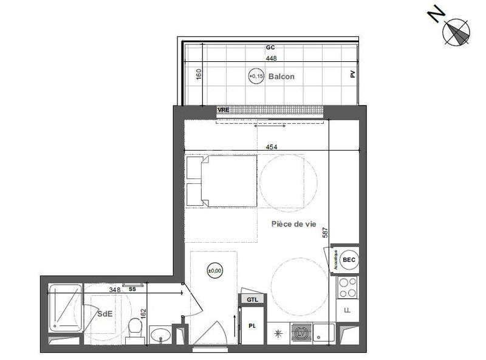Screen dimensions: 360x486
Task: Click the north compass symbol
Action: tap(457, 31)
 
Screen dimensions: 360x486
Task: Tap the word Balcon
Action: tap(281, 76)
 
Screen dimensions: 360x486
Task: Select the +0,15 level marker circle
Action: tap(256, 76)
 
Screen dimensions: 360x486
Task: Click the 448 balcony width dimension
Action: tap(271, 59)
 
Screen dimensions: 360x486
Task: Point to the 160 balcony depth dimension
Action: tap(198, 75)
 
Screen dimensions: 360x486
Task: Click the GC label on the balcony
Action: tap(271, 47)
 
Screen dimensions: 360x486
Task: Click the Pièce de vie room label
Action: tap(294, 224)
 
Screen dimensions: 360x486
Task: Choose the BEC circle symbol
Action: tap(348, 259)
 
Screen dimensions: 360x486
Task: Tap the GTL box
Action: tap(252, 299)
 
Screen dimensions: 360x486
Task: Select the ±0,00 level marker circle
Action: tap(214, 270)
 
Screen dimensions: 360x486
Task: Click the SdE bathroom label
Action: tap(107, 314)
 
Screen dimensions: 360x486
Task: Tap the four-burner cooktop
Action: tap(348, 287)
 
